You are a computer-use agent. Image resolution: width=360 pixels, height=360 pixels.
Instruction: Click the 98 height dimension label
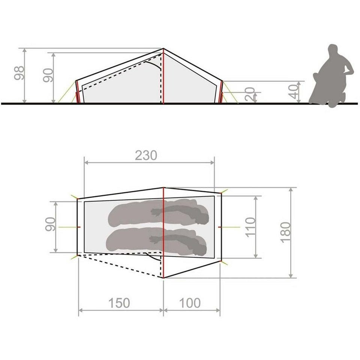click(x=19, y=73)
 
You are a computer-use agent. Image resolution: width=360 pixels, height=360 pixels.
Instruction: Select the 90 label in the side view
click(x=48, y=75)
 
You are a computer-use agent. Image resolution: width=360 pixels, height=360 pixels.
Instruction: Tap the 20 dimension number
click(x=250, y=94)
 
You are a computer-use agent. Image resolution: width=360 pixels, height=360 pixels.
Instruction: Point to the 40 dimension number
click(x=293, y=91)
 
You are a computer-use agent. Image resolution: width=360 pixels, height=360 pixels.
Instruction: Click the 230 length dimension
click(x=146, y=155)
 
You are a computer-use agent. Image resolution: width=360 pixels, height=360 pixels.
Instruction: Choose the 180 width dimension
click(x=285, y=232)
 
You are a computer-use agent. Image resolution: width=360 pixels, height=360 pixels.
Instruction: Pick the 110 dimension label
click(x=250, y=227)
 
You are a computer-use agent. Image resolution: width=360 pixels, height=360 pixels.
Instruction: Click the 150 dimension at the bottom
click(x=119, y=303)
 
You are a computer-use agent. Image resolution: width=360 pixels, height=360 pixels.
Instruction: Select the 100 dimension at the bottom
click(x=190, y=303)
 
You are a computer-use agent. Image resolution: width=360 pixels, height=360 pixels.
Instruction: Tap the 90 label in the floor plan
click(x=50, y=224)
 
